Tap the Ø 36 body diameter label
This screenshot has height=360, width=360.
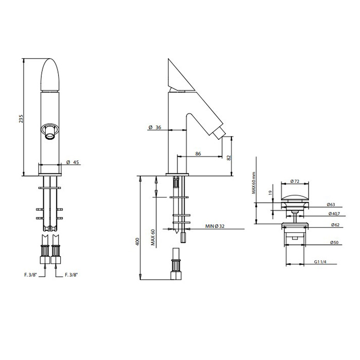(155, 127)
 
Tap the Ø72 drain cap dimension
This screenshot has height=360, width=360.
(295, 181)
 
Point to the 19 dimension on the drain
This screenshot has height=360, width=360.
(269, 194)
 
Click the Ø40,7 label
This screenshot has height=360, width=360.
(333, 213)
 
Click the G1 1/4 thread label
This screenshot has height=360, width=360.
(320, 262)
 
